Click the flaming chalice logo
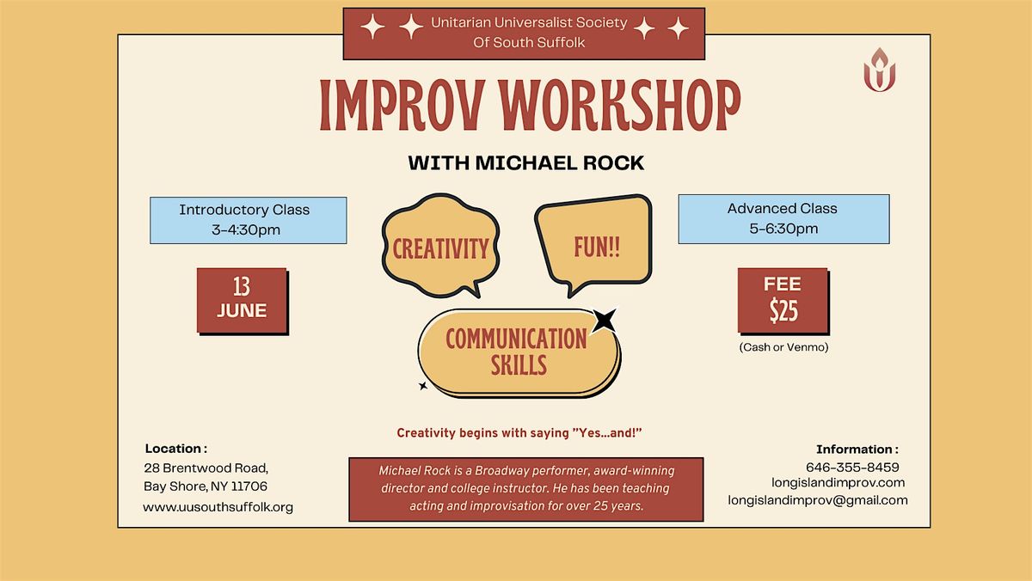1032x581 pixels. tap(880, 70)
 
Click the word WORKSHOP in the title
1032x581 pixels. tap(620, 106)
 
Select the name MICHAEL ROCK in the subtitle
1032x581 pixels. tap(559, 163)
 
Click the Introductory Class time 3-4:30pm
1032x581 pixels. tap(246, 229)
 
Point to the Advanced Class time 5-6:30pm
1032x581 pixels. tap(783, 229)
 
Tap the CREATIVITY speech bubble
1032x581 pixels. tap(441, 246)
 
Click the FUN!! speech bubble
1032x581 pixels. tap(593, 245)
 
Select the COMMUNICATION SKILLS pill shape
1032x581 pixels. tap(519, 352)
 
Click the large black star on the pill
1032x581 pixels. tap(604, 320)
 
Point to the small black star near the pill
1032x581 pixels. tap(423, 386)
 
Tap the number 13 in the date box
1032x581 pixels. tap(242, 286)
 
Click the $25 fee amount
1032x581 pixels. tap(783, 310)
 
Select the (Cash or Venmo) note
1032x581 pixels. tap(783, 347)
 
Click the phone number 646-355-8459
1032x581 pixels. tap(852, 468)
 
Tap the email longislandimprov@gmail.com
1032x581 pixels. tap(818, 500)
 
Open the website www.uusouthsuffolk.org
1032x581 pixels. tap(218, 507)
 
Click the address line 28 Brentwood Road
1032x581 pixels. tap(206, 468)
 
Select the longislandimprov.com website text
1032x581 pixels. tap(838, 483)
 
